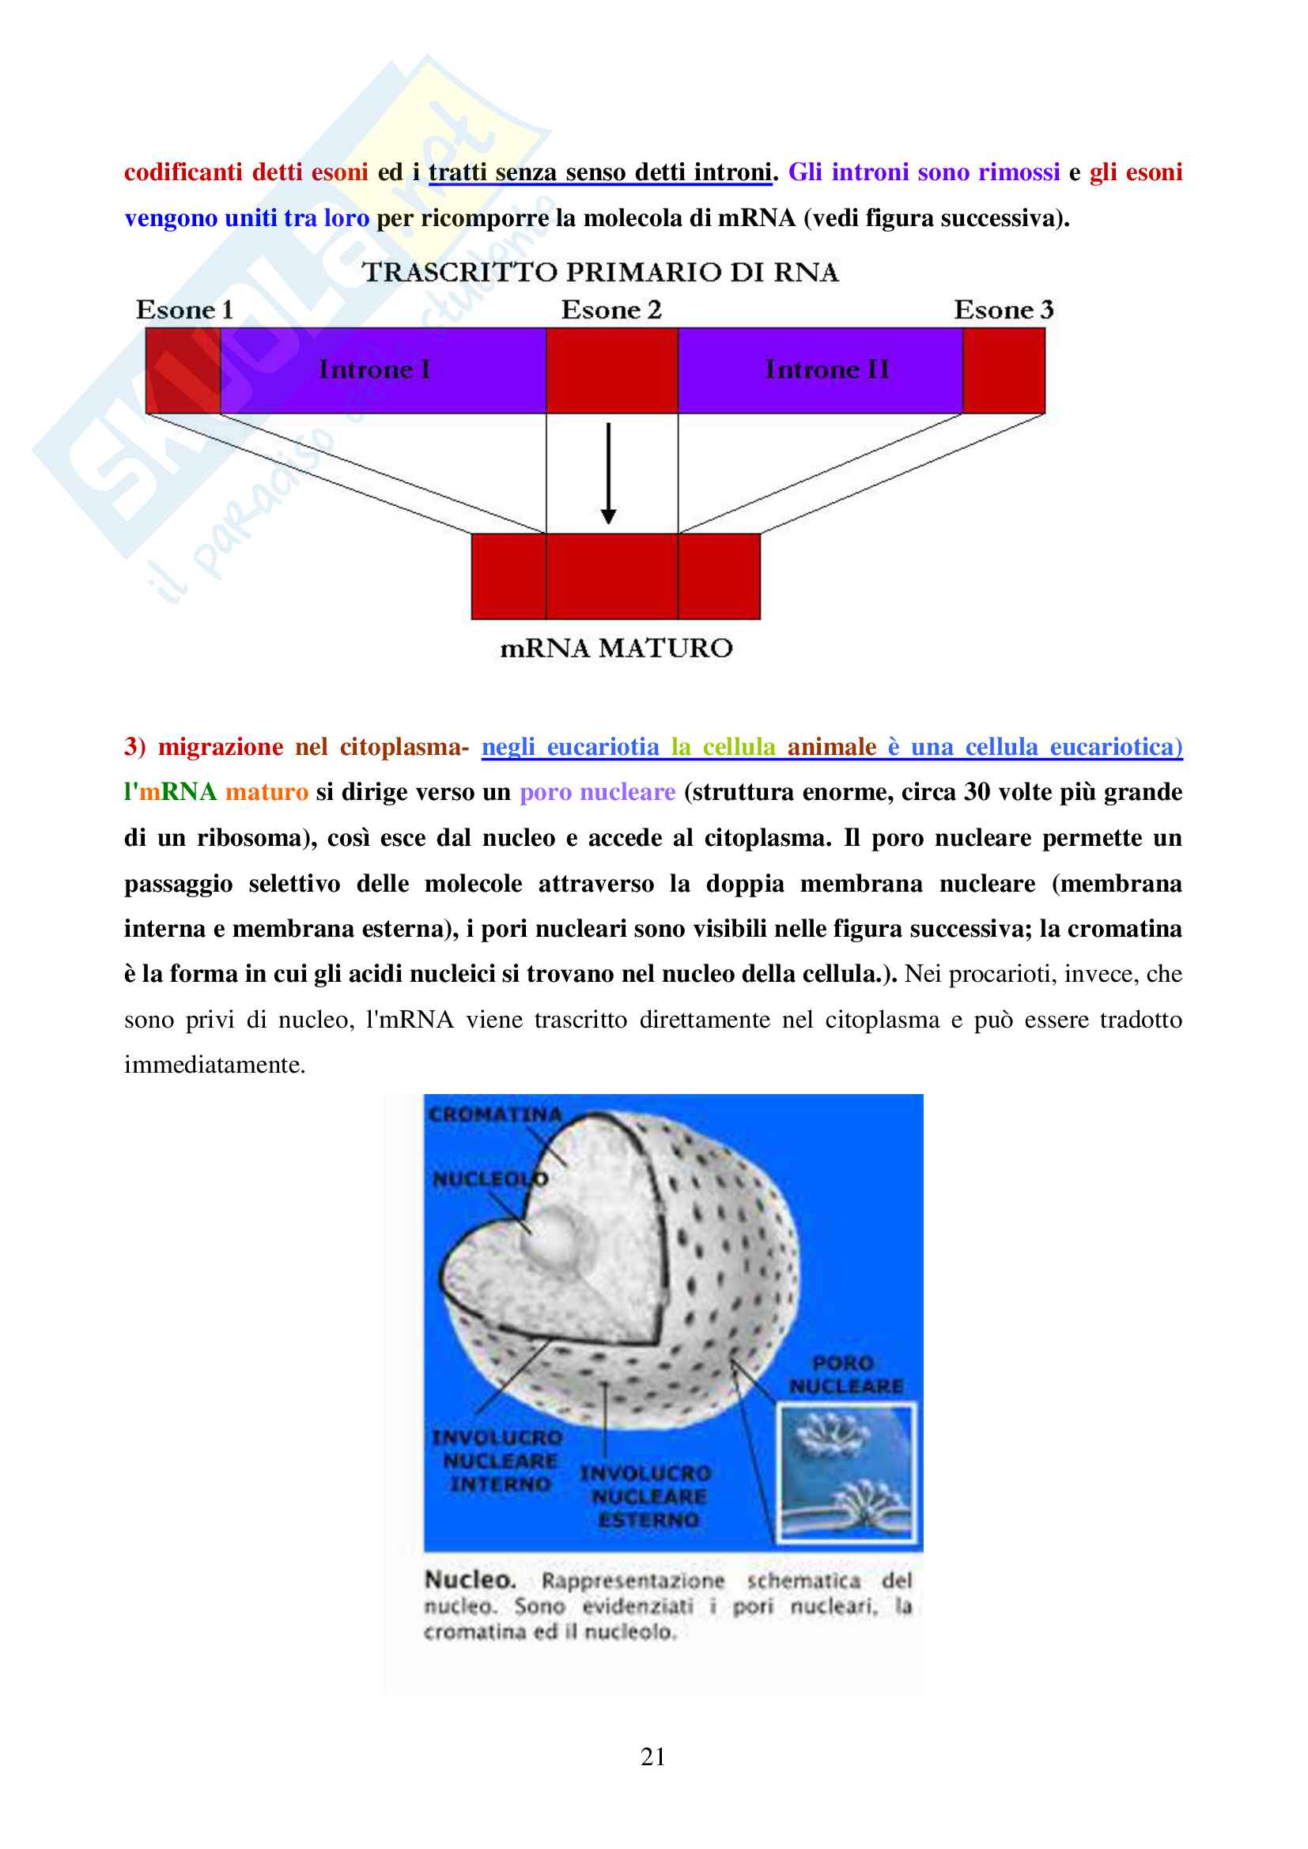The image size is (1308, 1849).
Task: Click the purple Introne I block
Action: [383, 371]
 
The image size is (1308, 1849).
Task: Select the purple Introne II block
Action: [820, 371]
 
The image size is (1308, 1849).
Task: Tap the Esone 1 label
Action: [184, 310]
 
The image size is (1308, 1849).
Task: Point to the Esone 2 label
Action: [611, 310]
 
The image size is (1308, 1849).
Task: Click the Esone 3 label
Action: [1004, 310]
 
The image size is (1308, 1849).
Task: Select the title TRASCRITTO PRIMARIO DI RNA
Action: [600, 272]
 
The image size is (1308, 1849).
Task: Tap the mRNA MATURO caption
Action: [616, 648]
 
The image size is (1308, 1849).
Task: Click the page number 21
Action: [653, 1757]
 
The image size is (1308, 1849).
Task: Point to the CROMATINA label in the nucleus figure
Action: [494, 1115]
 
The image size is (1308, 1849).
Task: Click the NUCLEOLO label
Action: [490, 1179]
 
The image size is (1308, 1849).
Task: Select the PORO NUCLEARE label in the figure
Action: [845, 1375]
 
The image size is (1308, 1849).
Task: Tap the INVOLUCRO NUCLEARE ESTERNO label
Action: [647, 1496]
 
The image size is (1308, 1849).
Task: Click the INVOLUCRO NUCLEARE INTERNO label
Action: [497, 1460]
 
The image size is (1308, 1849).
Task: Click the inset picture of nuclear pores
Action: [845, 1472]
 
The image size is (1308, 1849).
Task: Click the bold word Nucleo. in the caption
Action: [470, 1580]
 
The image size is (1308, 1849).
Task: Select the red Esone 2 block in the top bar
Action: [612, 371]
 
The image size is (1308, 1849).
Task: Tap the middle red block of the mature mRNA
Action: [612, 576]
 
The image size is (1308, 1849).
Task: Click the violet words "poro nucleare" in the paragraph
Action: [597, 792]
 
